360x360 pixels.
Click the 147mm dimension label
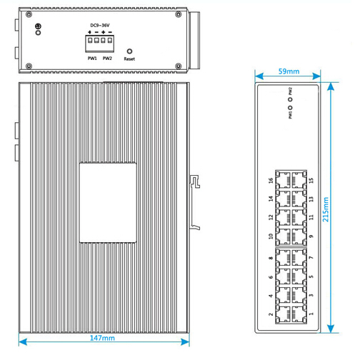[102, 338]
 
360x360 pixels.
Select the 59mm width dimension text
[289, 71]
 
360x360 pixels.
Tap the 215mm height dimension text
[326, 209]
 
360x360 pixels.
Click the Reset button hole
[129, 51]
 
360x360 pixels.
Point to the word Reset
[129, 59]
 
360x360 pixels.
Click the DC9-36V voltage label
[100, 25]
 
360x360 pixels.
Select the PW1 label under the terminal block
[92, 59]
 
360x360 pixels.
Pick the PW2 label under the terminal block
[107, 59]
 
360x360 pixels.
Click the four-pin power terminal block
[100, 44]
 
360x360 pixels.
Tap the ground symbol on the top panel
[38, 26]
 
